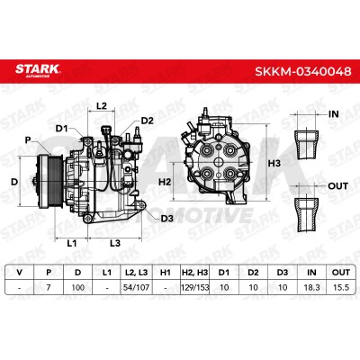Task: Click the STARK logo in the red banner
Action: point(38,70)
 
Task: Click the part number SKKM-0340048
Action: point(303,71)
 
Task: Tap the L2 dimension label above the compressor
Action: point(102,105)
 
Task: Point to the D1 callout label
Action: point(62,129)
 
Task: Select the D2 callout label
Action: point(148,121)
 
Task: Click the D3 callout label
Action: point(167,219)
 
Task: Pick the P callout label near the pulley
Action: point(28,140)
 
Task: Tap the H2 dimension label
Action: point(165,182)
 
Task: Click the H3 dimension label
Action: point(274,164)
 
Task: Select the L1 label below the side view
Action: point(72,243)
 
